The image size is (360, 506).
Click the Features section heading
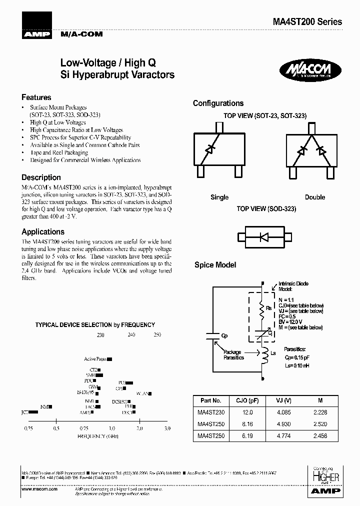tap(36, 97)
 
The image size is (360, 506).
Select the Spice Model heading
tap(215, 265)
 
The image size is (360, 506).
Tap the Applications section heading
tap(43, 231)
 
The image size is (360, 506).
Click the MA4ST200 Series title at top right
tap(307, 22)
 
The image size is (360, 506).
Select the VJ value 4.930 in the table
tap(283, 424)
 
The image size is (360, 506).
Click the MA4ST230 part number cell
tap(210, 412)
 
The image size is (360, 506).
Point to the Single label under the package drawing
tap(219, 197)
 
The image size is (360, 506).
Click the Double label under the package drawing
tap(315, 197)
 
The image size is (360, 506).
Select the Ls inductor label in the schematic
tap(273, 353)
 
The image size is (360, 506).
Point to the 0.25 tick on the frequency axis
tap(28, 428)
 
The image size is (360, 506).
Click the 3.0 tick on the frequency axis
tap(167, 428)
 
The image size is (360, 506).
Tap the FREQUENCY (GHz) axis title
tap(98, 436)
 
